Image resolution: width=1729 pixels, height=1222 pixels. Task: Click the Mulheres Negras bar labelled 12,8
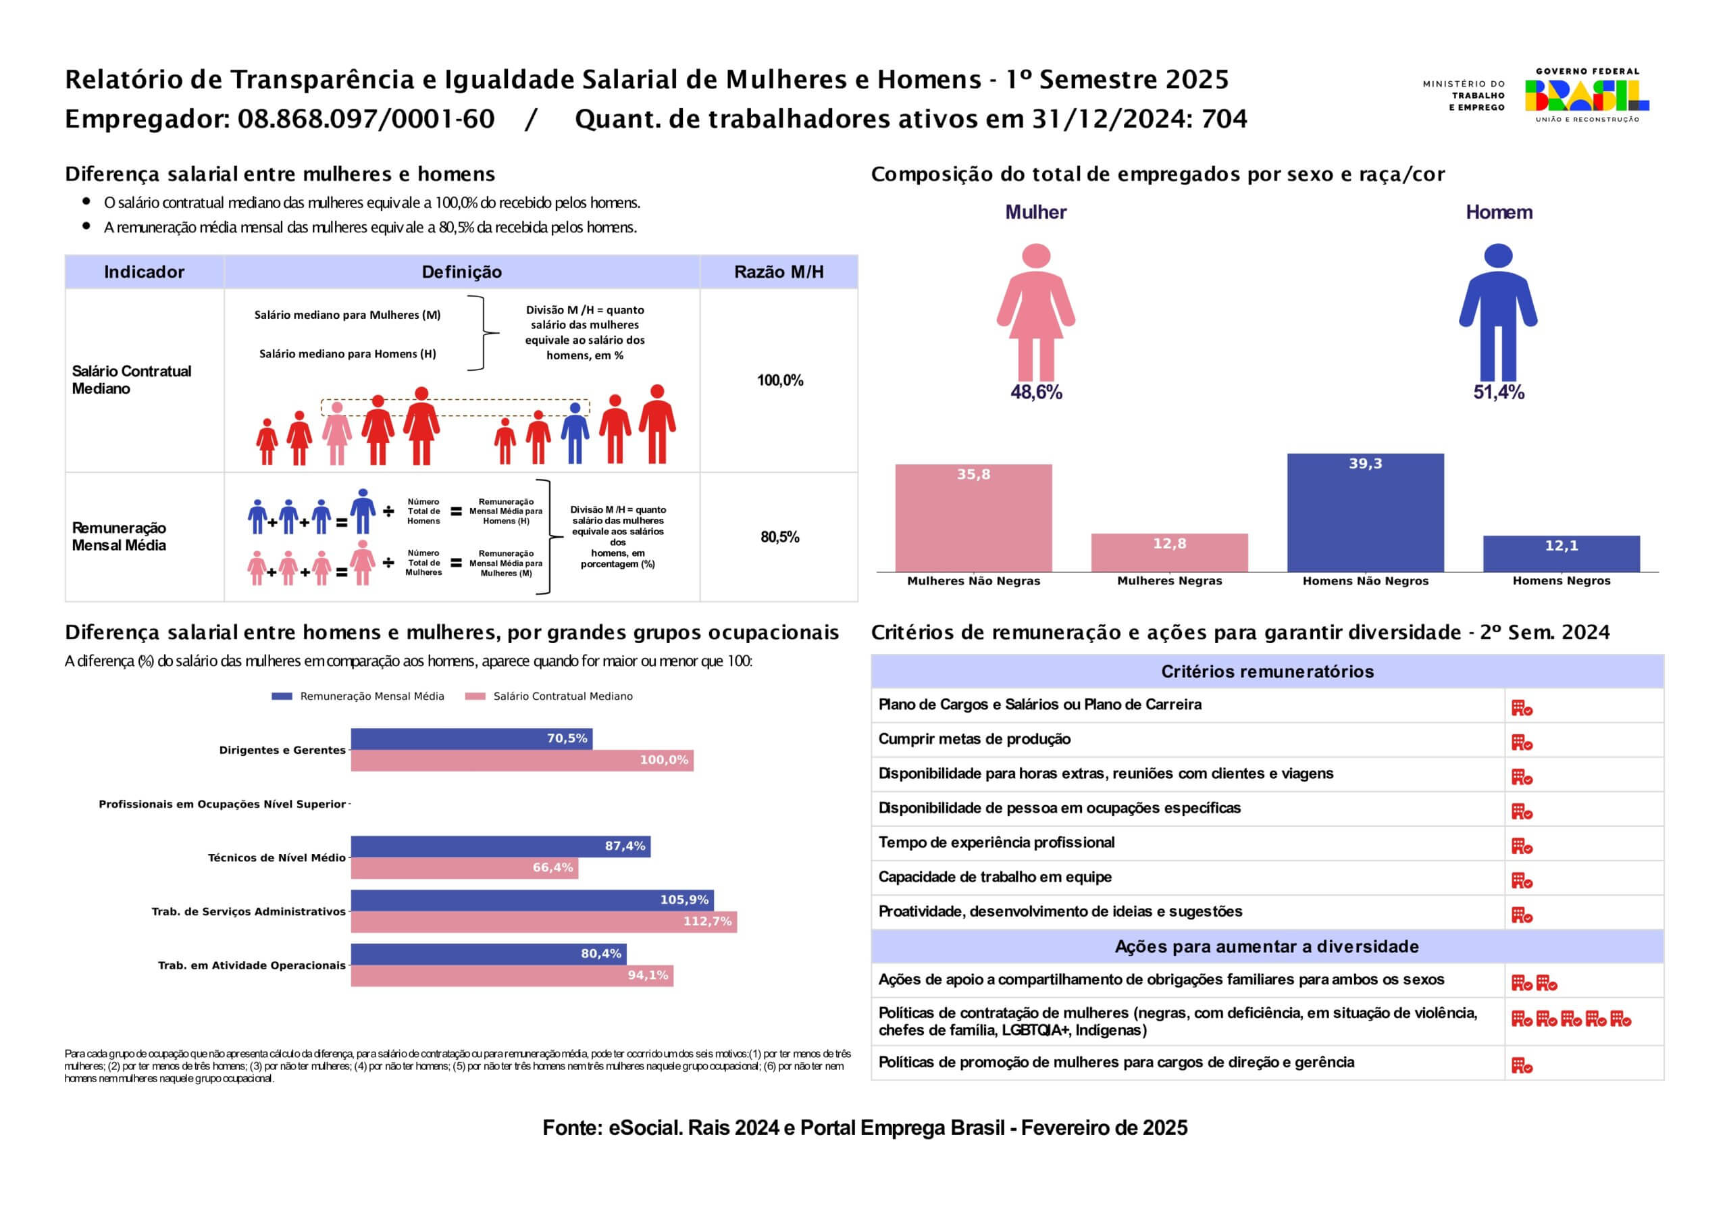[1170, 553]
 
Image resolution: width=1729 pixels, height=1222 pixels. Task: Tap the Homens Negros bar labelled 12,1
[1561, 554]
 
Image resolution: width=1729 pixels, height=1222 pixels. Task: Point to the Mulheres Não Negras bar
[974, 517]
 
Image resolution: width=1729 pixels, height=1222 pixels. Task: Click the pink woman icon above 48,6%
[1036, 312]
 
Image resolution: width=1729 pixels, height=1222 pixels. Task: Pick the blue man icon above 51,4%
[1499, 312]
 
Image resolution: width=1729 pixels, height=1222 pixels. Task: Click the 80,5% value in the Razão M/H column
[779, 537]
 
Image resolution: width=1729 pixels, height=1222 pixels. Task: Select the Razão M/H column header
[779, 272]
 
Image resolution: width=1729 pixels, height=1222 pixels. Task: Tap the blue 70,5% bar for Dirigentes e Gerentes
[471, 738]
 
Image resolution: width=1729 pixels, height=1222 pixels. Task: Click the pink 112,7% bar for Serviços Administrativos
[544, 921]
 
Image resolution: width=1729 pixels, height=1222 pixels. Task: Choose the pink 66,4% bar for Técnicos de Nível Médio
[465, 868]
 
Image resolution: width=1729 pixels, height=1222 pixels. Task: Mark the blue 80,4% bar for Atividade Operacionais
[489, 954]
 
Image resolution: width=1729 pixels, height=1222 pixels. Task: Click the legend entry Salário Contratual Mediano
[550, 696]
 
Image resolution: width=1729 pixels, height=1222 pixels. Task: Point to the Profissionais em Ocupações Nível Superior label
[222, 804]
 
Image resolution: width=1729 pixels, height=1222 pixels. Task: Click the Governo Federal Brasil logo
[1586, 95]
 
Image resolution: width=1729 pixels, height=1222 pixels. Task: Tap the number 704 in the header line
[1224, 119]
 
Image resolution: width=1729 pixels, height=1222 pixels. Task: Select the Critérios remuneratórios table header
[1268, 671]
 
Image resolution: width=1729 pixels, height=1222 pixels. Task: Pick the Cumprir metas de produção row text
[975, 739]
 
